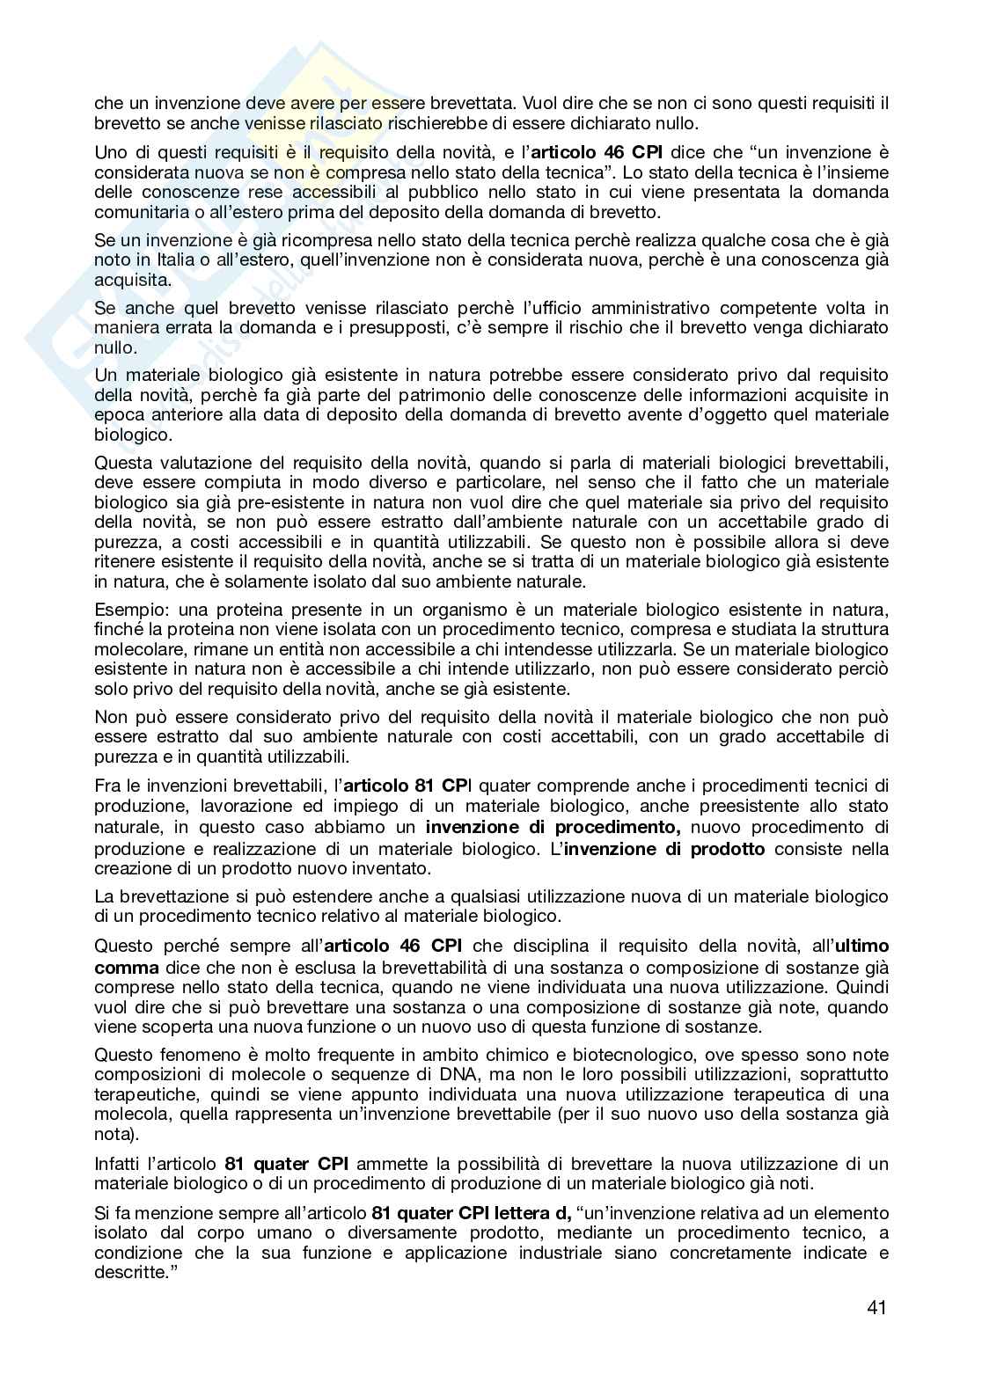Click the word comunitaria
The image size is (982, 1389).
pyautogui.click(x=143, y=212)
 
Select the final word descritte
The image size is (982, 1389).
pyautogui.click(x=131, y=1273)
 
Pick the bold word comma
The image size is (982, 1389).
pyautogui.click(x=120, y=967)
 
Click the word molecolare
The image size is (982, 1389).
pyautogui.click(x=138, y=649)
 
